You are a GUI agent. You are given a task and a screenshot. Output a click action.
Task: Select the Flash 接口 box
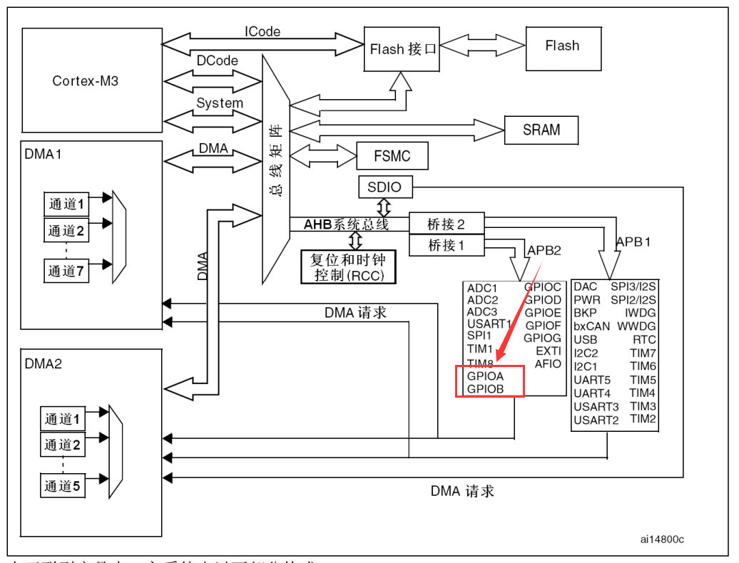point(402,49)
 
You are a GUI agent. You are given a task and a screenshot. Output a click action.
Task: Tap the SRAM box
point(541,130)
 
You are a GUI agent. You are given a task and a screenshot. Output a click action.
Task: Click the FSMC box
point(392,156)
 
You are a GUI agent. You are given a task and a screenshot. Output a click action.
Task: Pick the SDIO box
point(384,187)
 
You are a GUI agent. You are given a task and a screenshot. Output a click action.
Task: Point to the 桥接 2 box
point(447,224)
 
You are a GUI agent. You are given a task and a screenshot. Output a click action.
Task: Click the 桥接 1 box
point(447,245)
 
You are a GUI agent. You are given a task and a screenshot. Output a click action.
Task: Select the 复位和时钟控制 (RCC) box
point(349,267)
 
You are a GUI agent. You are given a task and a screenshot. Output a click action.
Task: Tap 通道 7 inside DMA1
point(66,271)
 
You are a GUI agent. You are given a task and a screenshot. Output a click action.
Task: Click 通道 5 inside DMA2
point(63,486)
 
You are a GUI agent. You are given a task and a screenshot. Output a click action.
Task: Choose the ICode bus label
point(263,31)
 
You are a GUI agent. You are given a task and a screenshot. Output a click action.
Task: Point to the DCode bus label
point(218,61)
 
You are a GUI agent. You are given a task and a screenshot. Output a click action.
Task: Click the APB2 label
point(544,250)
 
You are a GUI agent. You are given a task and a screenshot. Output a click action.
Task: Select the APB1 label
point(633,242)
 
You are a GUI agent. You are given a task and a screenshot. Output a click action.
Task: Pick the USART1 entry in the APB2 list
point(489,324)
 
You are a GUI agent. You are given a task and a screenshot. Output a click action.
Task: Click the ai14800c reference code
point(662,539)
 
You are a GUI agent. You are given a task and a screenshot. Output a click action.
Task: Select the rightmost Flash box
point(562,46)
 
